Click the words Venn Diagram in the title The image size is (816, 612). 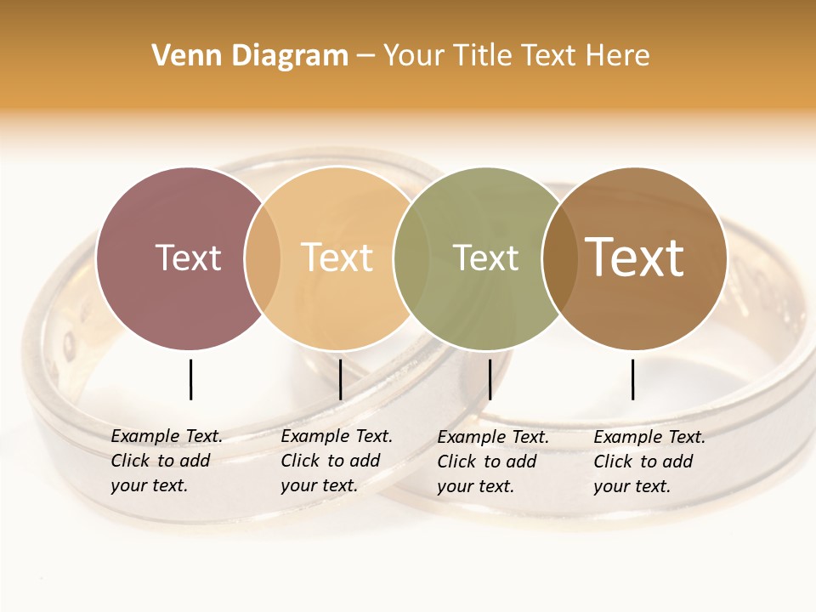[x=250, y=56]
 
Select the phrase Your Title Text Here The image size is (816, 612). [x=516, y=56]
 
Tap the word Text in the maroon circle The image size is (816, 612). [x=188, y=258]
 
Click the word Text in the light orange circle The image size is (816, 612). [x=337, y=258]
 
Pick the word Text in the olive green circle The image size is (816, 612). [x=485, y=258]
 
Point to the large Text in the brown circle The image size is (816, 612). [x=635, y=257]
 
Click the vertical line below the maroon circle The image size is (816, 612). [x=190, y=379]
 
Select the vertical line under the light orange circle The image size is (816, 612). [x=340, y=379]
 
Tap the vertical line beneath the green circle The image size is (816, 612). [x=490, y=379]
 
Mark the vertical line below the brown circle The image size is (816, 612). [x=632, y=379]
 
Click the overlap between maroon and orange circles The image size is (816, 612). [x=263, y=258]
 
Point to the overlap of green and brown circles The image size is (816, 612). [x=557, y=258]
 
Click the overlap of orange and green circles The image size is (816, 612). [x=406, y=258]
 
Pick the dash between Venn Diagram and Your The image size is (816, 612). [x=365, y=56]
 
